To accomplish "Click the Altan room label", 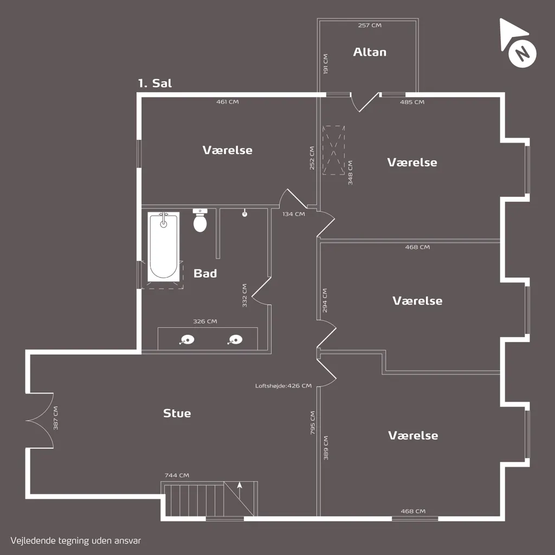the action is tap(370, 52).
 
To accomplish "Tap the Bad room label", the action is tap(205, 273).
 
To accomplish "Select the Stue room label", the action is tap(177, 413).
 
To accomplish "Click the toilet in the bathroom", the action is tap(200, 221).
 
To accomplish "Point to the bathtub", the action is tap(163, 247).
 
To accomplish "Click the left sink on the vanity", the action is tap(186, 340).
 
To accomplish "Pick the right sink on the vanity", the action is tap(235, 340).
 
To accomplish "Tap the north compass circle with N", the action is tap(522, 54).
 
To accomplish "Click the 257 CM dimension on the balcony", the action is tap(370, 25).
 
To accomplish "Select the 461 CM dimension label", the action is tap(228, 102).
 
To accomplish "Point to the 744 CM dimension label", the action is tap(177, 475).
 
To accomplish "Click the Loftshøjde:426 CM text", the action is tap(283, 386).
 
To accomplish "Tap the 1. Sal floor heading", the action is tap(155, 83).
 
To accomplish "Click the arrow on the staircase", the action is tap(240, 490).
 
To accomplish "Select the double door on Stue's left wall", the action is tap(40, 421).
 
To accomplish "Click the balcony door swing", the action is tap(365, 102).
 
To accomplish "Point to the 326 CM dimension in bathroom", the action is tap(205, 321).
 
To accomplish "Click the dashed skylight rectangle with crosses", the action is tap(333, 150).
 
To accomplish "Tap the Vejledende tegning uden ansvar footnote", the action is tap(76, 541).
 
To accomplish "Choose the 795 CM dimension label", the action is tap(313, 423).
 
